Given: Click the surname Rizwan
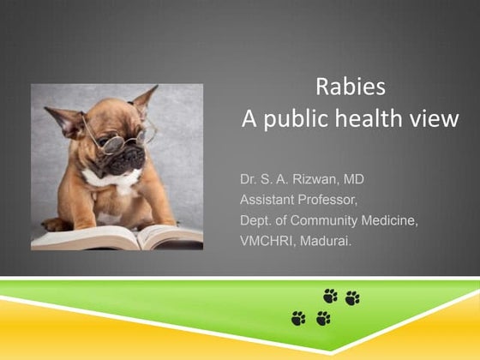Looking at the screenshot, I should click(319, 182).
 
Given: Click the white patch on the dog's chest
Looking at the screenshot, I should click(113, 178).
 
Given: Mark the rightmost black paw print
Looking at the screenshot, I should click(352, 297).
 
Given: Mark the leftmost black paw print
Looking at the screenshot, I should click(297, 319).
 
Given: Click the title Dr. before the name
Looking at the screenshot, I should click(249, 182).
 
